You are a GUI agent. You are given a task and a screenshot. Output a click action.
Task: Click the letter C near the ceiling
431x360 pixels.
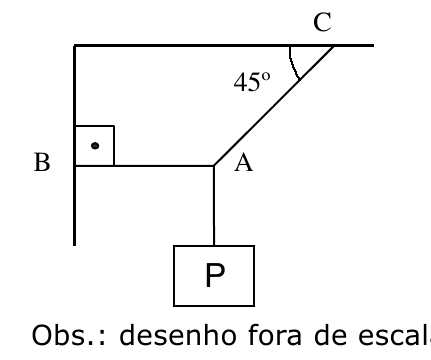(321, 24)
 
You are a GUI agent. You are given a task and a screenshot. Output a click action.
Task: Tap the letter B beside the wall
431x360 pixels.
(42, 164)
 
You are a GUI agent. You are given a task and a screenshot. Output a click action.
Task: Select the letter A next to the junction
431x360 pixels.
(243, 166)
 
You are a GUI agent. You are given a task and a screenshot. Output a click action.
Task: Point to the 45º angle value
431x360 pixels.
(251, 83)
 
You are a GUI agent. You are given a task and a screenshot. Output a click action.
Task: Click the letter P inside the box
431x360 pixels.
(214, 276)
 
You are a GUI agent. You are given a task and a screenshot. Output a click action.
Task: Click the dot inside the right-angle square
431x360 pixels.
(94, 146)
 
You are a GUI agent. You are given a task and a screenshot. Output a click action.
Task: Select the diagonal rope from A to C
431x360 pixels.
(274, 105)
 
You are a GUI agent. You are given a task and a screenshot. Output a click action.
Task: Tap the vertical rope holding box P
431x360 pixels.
(214, 205)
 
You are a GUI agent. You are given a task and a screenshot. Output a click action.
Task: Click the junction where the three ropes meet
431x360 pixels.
(214, 165)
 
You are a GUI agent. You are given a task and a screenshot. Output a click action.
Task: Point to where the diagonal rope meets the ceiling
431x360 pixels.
(334, 46)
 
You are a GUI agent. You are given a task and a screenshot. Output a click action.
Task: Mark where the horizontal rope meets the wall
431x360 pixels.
(75, 165)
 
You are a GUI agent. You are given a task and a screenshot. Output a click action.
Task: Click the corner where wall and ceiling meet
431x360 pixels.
(75, 46)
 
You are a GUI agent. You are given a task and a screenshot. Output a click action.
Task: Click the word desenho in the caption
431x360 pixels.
(161, 333)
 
